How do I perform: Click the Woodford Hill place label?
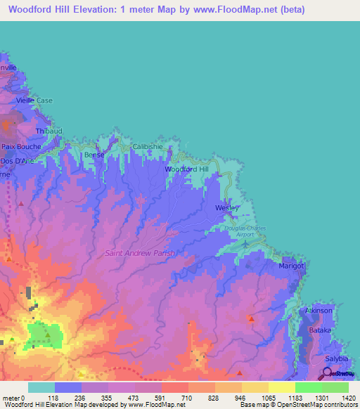(x=186, y=170)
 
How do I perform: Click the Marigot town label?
(x=291, y=266)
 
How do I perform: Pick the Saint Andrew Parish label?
(x=139, y=253)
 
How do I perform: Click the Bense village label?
(x=94, y=155)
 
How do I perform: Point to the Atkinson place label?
(x=318, y=310)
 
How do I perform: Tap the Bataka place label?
(x=321, y=329)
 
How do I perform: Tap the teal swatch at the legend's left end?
(x=41, y=387)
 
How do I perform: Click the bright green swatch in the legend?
(x=308, y=387)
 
